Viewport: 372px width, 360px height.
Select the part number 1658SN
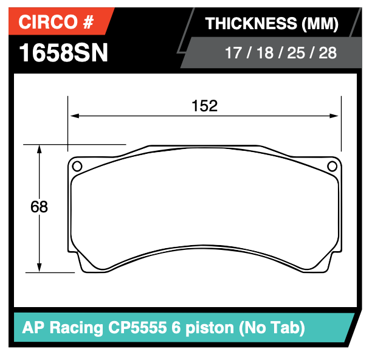click(x=64, y=53)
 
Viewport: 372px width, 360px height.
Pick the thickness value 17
click(x=233, y=53)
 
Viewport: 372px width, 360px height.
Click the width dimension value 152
click(x=204, y=106)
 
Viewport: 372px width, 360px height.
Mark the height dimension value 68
click(x=39, y=207)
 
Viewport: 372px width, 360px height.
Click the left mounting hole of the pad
click(x=77, y=166)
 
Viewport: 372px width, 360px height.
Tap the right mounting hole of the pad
click(x=332, y=166)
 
